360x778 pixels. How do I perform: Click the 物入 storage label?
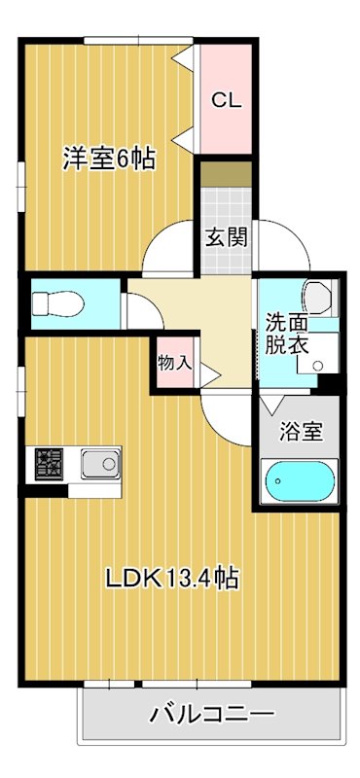click(x=174, y=363)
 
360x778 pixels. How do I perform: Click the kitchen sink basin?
click(x=99, y=465)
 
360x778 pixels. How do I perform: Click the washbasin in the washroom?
click(x=319, y=294)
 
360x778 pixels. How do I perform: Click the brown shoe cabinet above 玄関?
click(x=225, y=176)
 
